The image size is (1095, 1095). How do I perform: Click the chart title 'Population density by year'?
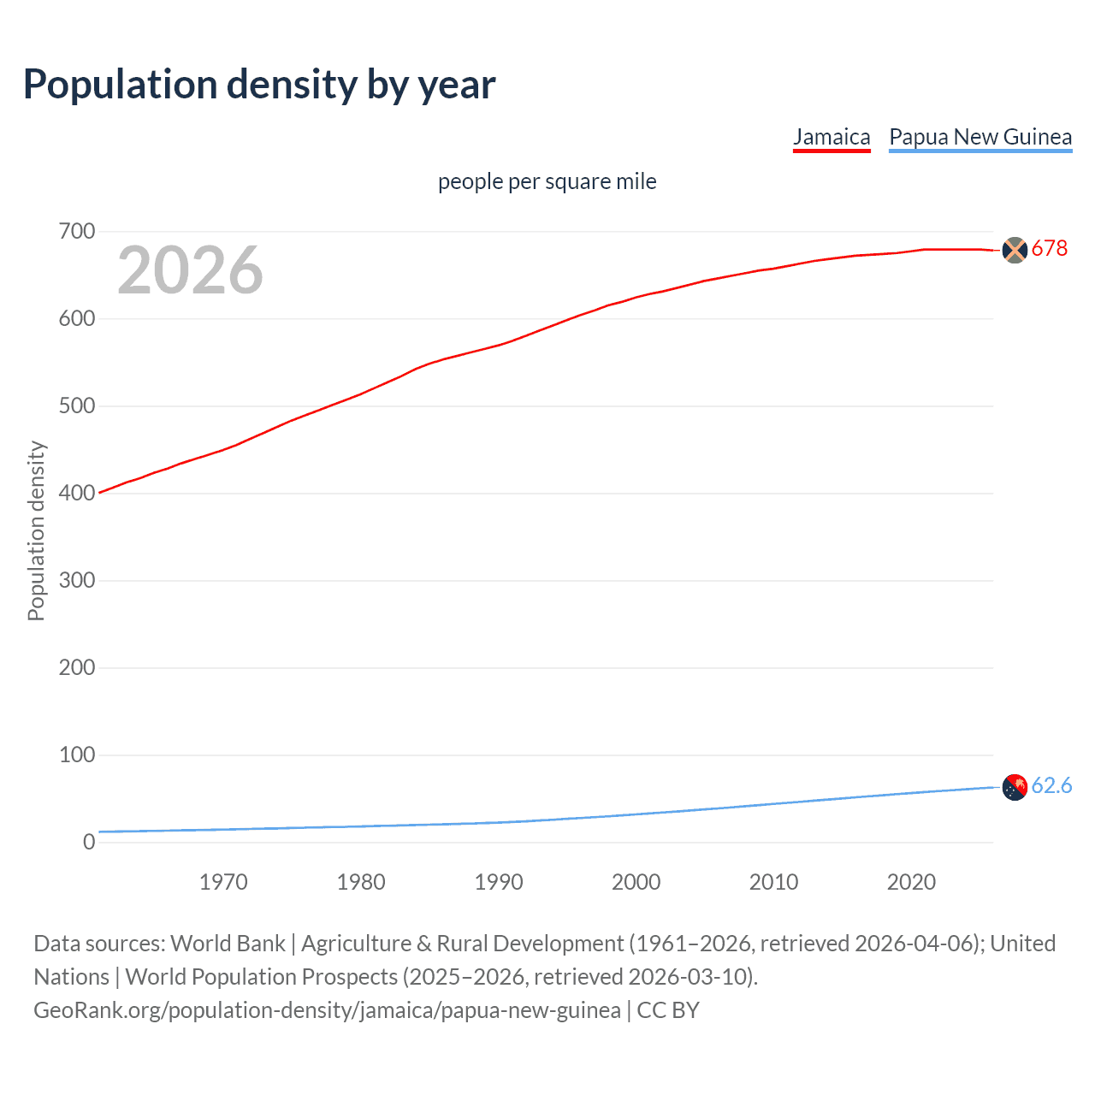[x=259, y=85]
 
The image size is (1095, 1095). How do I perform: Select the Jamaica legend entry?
[x=831, y=137]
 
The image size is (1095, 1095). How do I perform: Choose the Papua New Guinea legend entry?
[x=980, y=137]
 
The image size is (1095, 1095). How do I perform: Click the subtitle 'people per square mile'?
[x=547, y=181]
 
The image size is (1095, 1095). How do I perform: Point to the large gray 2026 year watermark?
[x=190, y=270]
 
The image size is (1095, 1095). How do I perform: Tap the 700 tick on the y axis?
[x=77, y=232]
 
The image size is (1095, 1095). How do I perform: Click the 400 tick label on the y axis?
[x=77, y=494]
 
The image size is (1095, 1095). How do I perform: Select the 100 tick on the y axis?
[x=77, y=755]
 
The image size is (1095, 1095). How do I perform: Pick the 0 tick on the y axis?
[x=89, y=843]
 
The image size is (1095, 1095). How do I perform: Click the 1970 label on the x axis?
[x=223, y=882]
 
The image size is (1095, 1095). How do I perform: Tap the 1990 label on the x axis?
[x=499, y=882]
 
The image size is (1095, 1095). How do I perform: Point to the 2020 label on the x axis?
[x=911, y=882]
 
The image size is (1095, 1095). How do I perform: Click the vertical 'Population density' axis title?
[x=36, y=530]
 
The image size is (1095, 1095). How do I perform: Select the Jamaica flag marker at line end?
[x=1014, y=250]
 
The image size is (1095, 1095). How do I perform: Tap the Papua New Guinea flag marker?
[x=1014, y=787]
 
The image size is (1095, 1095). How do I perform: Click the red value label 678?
[x=1050, y=249]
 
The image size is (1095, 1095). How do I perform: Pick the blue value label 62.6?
[x=1051, y=786]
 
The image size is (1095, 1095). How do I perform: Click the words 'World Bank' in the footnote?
[x=228, y=944]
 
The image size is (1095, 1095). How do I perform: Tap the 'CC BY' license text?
[x=668, y=1010]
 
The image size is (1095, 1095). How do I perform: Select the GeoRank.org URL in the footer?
[x=327, y=1010]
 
